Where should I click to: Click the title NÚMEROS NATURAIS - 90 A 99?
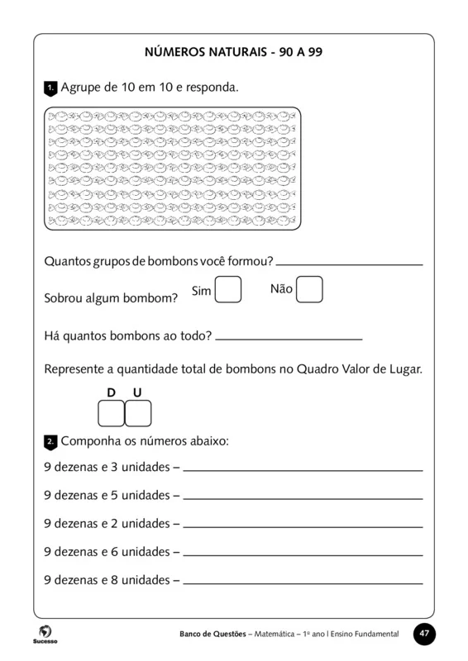click(x=233, y=52)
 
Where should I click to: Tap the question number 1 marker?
click(x=50, y=87)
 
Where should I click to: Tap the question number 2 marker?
click(x=50, y=442)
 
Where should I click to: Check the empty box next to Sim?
click(x=228, y=290)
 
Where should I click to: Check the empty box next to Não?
click(x=309, y=290)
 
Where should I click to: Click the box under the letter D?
click(x=111, y=413)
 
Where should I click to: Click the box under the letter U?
click(x=138, y=413)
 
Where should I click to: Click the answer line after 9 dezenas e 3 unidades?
click(x=302, y=468)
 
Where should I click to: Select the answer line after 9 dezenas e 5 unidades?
click(x=302, y=497)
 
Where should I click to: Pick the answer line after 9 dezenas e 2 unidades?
click(x=302, y=525)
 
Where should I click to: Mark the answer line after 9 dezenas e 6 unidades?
click(x=302, y=553)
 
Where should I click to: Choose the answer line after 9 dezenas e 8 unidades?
click(x=302, y=581)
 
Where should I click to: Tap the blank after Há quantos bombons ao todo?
click(x=288, y=338)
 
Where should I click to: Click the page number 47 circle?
click(x=423, y=634)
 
